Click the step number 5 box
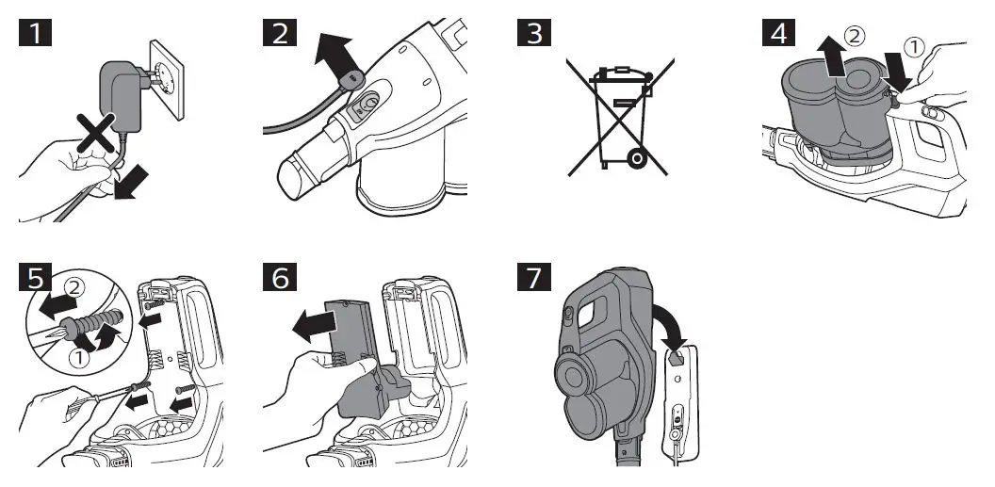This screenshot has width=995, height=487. pyautogui.click(x=36, y=280)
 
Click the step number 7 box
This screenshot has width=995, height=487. pyautogui.click(x=534, y=280)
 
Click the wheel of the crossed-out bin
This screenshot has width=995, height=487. pyautogui.click(x=637, y=158)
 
